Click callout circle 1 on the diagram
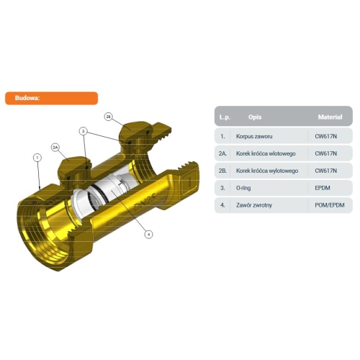pyautogui.click(x=37, y=158)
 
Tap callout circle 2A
pyautogui.click(x=55, y=148)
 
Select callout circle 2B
pyautogui.click(x=109, y=117)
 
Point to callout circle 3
pyautogui.click(x=84, y=131)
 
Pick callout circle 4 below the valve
pyautogui.click(x=148, y=234)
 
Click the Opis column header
pyautogui.click(x=255, y=117)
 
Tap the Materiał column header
pyautogui.click(x=330, y=117)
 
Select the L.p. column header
pyautogui.click(x=225, y=117)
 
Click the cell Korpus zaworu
pyautogui.click(x=254, y=136)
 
